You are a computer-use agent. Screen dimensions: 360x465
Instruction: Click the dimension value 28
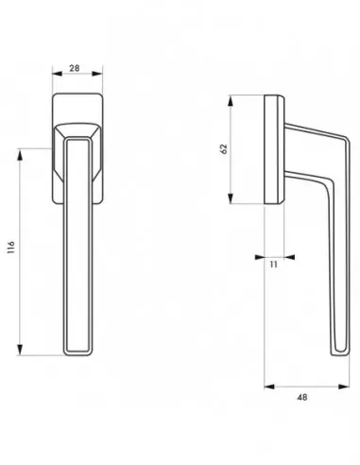75,68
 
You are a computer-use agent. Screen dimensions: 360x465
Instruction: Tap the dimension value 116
11,248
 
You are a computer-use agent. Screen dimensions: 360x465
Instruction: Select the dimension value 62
224,148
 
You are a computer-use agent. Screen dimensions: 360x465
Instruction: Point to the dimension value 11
274,265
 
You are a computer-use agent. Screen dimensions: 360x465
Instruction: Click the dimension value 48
302,398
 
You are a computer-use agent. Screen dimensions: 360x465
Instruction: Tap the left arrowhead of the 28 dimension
58,74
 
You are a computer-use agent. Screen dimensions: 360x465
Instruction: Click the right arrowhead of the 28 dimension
97,74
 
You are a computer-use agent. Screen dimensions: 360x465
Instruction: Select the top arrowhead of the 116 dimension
20,154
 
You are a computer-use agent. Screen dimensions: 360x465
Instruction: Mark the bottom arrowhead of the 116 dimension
20,350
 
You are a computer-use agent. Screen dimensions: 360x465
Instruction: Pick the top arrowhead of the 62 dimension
231,100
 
